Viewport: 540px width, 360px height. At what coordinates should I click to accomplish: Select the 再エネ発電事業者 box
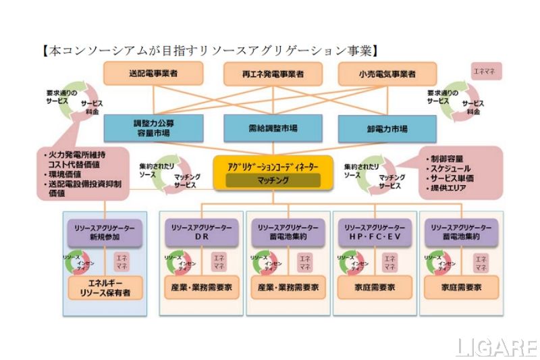[273, 73]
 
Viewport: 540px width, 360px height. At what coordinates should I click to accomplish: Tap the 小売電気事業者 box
[387, 73]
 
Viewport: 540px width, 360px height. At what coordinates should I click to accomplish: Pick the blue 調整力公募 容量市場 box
[152, 128]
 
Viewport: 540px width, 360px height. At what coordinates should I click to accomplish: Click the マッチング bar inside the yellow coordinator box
[273, 180]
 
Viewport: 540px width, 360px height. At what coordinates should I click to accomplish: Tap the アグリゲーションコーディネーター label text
[273, 166]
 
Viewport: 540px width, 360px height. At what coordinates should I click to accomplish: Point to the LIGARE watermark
[495, 347]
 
